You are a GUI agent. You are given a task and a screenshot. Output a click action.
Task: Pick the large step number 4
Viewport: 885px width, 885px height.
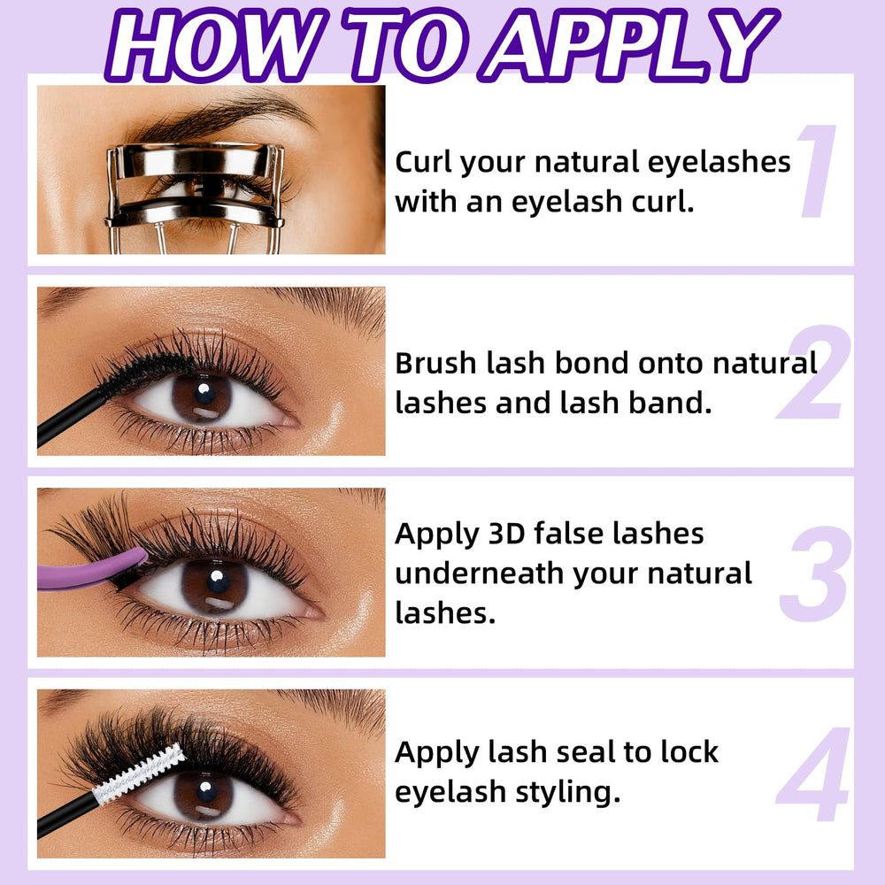click(813, 773)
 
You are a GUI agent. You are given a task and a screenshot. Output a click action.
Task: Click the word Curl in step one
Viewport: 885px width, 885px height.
click(423, 162)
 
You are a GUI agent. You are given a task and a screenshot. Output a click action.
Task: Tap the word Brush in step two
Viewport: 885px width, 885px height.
click(435, 363)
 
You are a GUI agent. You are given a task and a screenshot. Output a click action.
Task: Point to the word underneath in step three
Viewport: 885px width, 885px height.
click(479, 573)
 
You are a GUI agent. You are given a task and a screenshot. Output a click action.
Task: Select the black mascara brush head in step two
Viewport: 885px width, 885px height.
click(144, 371)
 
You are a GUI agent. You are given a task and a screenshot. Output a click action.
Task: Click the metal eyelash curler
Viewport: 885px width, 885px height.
click(195, 197)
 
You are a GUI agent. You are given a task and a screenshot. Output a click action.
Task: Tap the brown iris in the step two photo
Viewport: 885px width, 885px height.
click(202, 398)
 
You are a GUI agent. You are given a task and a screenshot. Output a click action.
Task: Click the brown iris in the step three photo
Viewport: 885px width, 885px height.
click(214, 587)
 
